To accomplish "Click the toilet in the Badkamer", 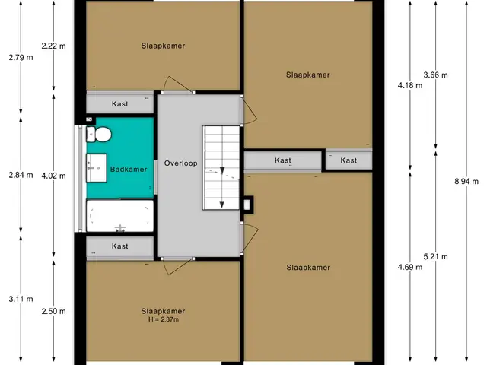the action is [x=99, y=135].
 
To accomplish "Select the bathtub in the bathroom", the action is [x=120, y=216].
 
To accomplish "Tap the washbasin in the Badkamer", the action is [x=97, y=167].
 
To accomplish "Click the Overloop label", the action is [x=181, y=163].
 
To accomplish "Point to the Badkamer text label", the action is [x=129, y=170].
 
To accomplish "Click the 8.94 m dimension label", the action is [x=466, y=182].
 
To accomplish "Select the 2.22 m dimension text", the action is [x=54, y=46].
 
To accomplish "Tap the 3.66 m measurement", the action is [x=436, y=75].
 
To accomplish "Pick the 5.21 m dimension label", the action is [x=436, y=257].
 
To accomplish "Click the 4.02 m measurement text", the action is [x=54, y=176].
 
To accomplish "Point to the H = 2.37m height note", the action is [x=164, y=319].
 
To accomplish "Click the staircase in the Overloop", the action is [x=221, y=167].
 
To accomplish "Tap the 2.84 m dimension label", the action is [x=21, y=175].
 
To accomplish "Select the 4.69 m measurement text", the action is [x=410, y=267].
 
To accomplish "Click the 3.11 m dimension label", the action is [x=21, y=299].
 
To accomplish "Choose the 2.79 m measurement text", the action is [x=21, y=58].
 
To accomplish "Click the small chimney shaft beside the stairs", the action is [x=247, y=205].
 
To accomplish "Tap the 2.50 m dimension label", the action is [x=54, y=311].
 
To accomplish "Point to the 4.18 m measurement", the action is [x=410, y=85].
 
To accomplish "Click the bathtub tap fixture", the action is [x=120, y=229].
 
